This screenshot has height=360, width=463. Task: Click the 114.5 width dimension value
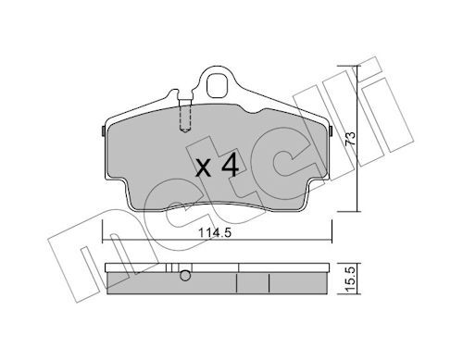tap(215, 232)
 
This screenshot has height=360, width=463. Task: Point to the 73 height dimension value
tap(350, 139)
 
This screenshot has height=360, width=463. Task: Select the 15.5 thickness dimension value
tap(350, 279)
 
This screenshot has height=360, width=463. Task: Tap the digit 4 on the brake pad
tap(231, 165)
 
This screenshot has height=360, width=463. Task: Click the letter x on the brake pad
tap(204, 169)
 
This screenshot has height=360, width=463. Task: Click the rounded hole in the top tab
tap(217, 86)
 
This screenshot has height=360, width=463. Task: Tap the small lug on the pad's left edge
tap(104, 131)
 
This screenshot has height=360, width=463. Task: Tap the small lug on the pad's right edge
tap(330, 131)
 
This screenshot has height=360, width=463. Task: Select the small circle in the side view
tap(185, 276)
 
